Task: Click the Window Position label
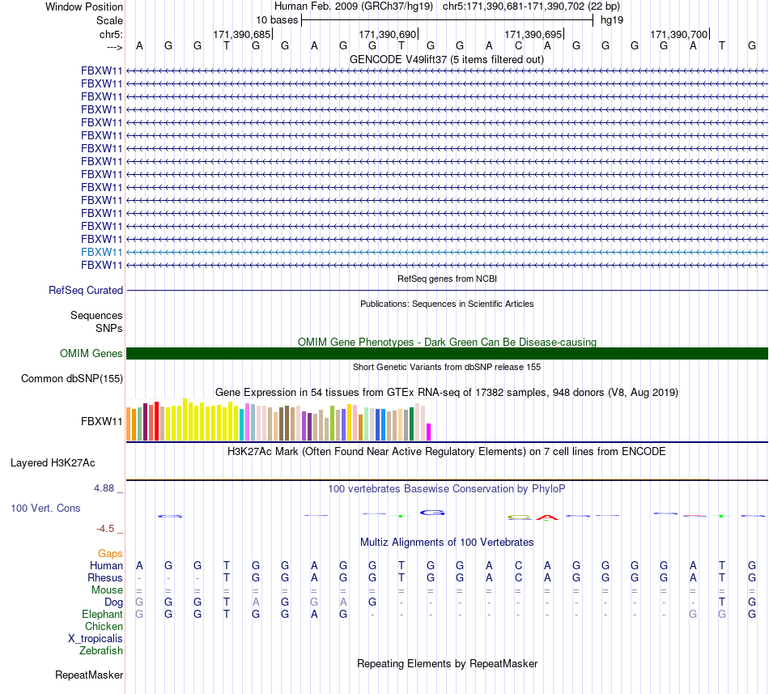click(x=84, y=6)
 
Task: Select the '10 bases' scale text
click(x=277, y=20)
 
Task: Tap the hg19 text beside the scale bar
click(x=612, y=20)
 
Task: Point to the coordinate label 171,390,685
click(x=242, y=34)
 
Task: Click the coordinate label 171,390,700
click(x=679, y=34)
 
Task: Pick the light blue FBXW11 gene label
click(x=101, y=252)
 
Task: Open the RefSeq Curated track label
click(x=86, y=291)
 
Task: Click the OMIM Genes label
click(x=91, y=353)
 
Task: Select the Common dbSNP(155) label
click(x=72, y=379)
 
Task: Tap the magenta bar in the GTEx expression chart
click(x=429, y=432)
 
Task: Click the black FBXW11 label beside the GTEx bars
click(x=101, y=421)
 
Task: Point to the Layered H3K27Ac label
click(x=53, y=463)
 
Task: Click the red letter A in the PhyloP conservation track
click(x=547, y=517)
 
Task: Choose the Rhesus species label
click(x=105, y=577)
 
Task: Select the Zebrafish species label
click(x=101, y=651)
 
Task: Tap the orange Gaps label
click(x=110, y=554)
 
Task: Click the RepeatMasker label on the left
click(x=89, y=675)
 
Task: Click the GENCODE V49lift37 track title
click(x=447, y=60)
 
